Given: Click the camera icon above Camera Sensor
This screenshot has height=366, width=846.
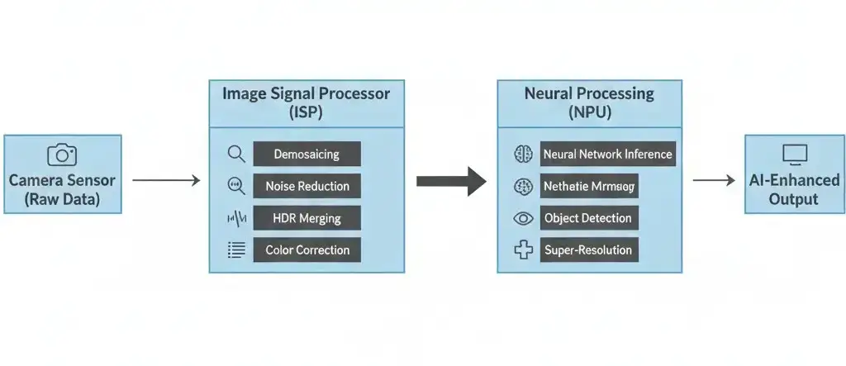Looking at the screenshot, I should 62,154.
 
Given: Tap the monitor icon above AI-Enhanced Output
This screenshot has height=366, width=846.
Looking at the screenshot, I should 794,154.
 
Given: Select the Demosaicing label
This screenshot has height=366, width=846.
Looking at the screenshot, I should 307,154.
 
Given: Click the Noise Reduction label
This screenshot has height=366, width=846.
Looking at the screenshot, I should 307,186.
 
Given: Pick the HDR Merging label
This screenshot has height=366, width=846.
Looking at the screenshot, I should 307,218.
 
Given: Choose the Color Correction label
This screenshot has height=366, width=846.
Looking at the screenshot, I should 307,250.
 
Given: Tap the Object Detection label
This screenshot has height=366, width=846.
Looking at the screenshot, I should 587,218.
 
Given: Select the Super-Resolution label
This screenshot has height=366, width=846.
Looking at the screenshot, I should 587,250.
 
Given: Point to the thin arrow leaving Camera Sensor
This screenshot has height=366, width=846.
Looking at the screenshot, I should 166,180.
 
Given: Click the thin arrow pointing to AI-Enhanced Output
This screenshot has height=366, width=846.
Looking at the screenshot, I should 715,180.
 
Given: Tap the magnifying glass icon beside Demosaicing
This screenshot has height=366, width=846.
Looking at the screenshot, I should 236,154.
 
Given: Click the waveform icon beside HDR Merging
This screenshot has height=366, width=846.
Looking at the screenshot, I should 236,218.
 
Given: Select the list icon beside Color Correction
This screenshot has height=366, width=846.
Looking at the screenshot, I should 236,250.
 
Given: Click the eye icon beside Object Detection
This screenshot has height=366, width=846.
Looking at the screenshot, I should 523,218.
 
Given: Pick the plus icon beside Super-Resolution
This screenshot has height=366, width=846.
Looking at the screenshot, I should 523,250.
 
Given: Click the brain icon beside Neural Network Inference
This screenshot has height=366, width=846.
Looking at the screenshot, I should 523,154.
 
